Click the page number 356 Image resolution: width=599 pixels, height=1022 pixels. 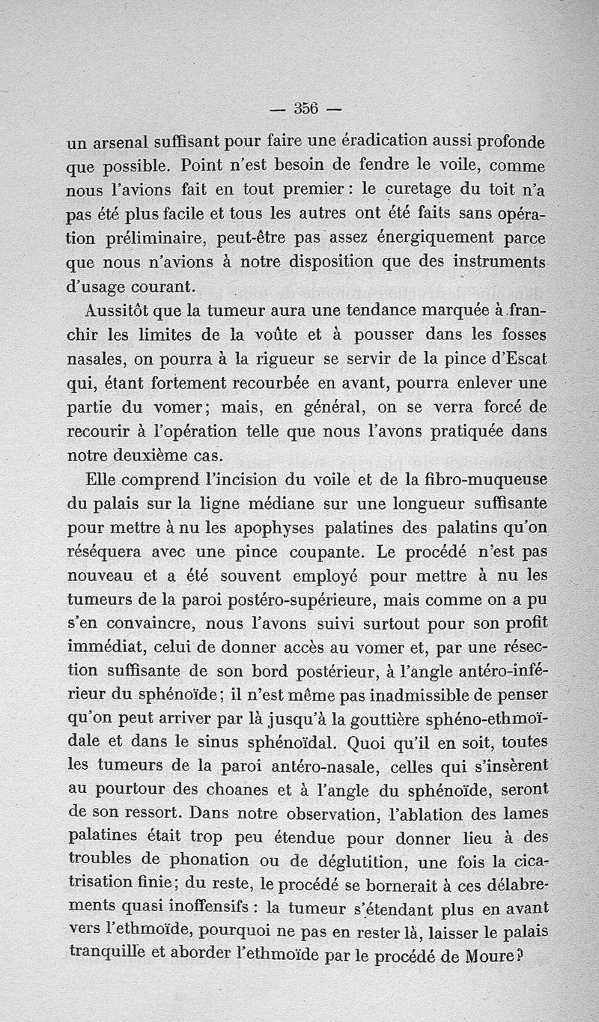pyautogui.click(x=305, y=108)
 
